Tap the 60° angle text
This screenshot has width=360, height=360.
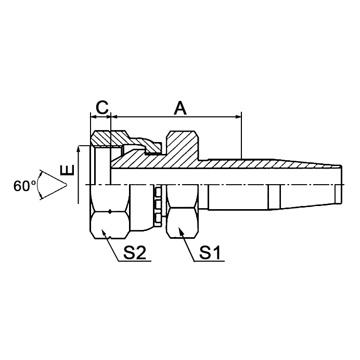pyautogui.click(x=24, y=186)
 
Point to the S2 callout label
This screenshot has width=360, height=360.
pyautogui.click(x=134, y=253)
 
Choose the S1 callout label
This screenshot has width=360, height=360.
pyautogui.click(x=211, y=253)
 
